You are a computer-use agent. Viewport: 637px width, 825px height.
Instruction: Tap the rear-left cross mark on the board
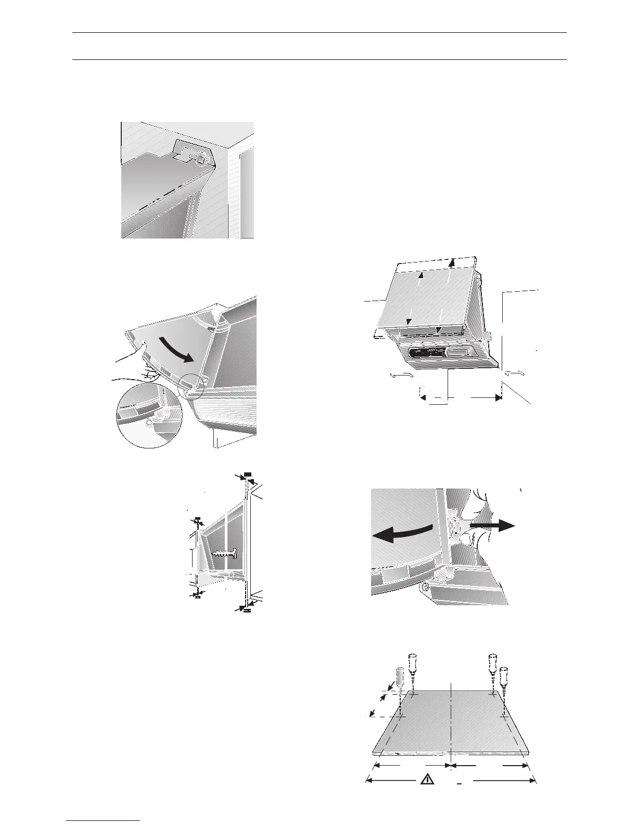point(413,695)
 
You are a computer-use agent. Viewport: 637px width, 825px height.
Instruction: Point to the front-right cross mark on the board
point(503,717)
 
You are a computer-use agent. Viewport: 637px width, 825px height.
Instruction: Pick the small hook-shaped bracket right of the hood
point(516,373)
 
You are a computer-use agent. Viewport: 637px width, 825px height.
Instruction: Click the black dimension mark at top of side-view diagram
point(247,474)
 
